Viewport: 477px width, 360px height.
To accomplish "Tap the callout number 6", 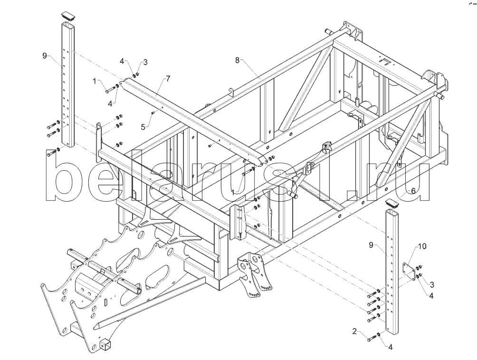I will [x=413, y=190].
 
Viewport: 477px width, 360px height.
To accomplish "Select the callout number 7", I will [x=168, y=78].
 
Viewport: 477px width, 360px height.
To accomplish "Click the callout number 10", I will [x=422, y=246].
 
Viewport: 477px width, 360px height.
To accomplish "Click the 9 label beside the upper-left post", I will [x=45, y=56].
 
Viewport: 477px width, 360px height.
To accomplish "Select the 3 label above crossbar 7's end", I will [x=145, y=62].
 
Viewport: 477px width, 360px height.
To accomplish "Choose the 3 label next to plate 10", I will [x=432, y=284].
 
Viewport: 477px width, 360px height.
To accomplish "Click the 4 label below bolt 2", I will [x=391, y=347].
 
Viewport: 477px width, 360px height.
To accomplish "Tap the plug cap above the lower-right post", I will [x=391, y=203].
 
